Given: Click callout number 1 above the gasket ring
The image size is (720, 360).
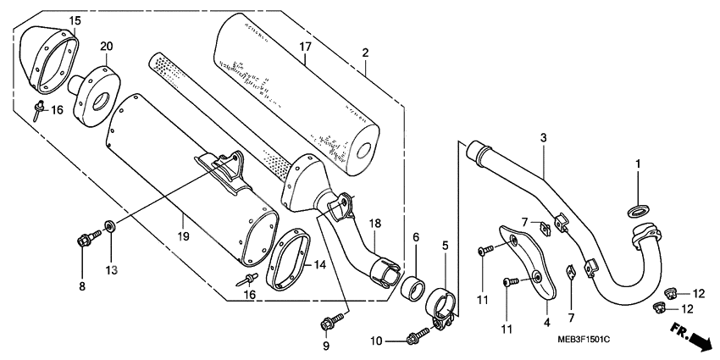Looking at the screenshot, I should [639, 163].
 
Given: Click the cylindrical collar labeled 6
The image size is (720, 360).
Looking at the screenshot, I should [413, 285].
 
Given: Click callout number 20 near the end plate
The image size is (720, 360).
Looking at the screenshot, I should [107, 46].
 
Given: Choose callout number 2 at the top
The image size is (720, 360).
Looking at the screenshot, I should [365, 53].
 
